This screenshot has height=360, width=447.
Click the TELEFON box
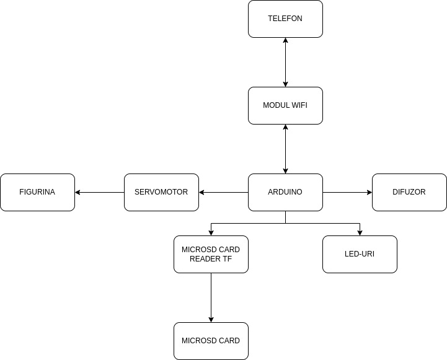pyautogui.click(x=285, y=19)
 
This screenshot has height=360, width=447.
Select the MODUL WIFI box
pyautogui.click(x=285, y=106)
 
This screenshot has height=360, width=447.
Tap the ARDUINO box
pyautogui.click(x=285, y=192)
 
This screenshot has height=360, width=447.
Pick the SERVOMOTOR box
pyautogui.click(x=161, y=192)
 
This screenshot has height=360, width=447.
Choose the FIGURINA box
pyautogui.click(x=37, y=192)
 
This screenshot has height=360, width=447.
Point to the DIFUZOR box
pyautogui.click(x=409, y=192)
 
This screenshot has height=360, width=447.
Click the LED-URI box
pyautogui.click(x=360, y=254)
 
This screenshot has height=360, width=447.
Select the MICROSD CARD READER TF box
pyautogui.click(x=211, y=254)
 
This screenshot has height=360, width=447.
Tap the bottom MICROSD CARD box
pyautogui.click(x=211, y=341)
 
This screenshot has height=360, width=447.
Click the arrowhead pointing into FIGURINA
pyautogui.click(x=77, y=192)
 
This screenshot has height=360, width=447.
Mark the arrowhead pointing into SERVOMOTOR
pyautogui.click(x=201, y=192)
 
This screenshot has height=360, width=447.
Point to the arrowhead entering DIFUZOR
pyautogui.click(x=370, y=192)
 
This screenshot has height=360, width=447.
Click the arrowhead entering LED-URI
pyautogui.click(x=360, y=233)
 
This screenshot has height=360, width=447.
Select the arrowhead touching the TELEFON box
pyautogui.click(x=285, y=40)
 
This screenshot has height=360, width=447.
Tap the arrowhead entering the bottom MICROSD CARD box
pyautogui.click(x=211, y=320)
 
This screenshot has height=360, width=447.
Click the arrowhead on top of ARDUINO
pyautogui.click(x=285, y=171)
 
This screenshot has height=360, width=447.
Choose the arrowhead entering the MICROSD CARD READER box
pyautogui.click(x=211, y=233)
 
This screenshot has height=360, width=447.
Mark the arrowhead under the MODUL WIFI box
pyautogui.click(x=285, y=127)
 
